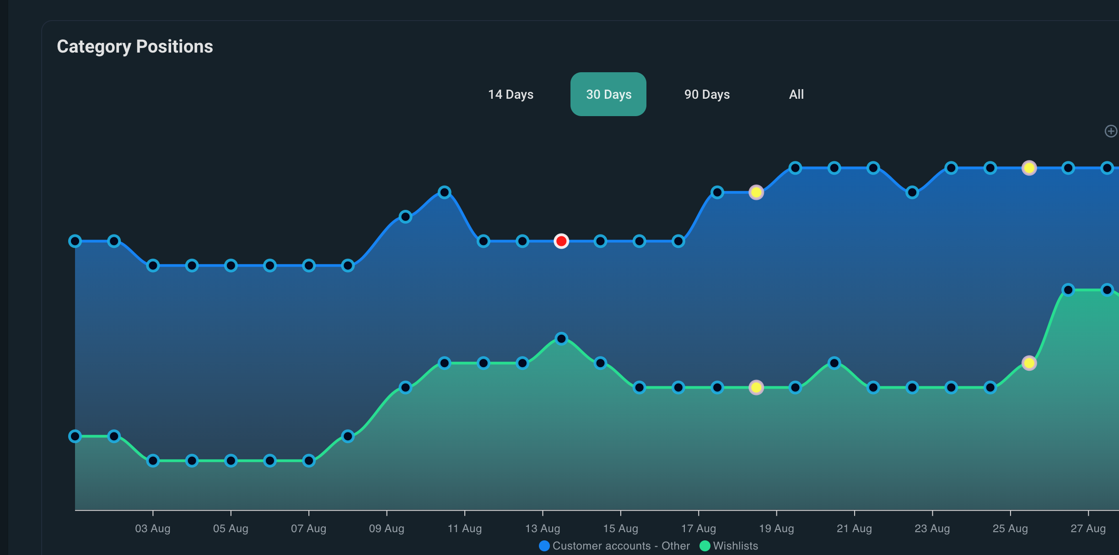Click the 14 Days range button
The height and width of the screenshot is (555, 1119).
(511, 94)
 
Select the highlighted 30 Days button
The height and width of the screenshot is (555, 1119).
(608, 94)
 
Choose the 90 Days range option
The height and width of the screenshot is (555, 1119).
(707, 94)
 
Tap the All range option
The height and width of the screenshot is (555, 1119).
(796, 94)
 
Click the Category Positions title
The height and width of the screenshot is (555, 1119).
(135, 47)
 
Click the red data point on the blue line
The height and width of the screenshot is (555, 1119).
(561, 241)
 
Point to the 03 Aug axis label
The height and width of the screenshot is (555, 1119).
(153, 528)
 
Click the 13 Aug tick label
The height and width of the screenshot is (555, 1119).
(543, 528)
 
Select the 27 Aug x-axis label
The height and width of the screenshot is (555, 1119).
(1088, 528)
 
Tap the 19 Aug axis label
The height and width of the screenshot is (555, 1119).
(776, 528)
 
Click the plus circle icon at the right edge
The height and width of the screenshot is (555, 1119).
(1111, 131)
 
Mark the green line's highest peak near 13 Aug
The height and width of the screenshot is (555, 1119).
(561, 339)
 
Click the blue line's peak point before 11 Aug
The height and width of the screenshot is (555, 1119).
(444, 192)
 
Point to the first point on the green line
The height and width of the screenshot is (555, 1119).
(75, 436)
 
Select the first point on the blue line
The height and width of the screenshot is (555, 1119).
(75, 241)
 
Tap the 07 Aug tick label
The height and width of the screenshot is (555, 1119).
(309, 528)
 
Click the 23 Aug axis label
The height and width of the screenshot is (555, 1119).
(932, 528)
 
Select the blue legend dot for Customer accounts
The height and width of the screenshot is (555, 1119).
(544, 546)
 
